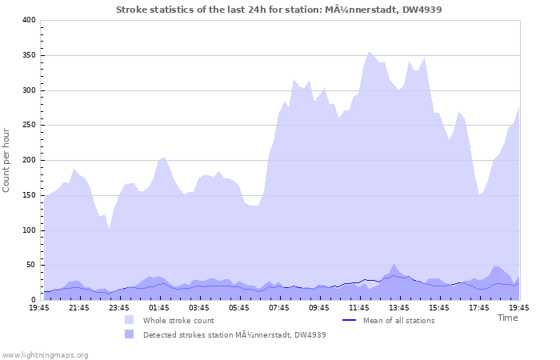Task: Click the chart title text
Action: (x=278, y=10)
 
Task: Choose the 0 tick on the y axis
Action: (x=34, y=301)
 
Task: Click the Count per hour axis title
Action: (x=7, y=160)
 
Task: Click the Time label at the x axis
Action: (x=507, y=318)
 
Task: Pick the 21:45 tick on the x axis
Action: (x=79, y=307)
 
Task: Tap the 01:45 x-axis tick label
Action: (x=159, y=307)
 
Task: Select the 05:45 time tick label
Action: (x=239, y=307)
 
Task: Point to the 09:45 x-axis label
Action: (x=319, y=307)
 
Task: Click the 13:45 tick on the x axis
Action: (x=399, y=307)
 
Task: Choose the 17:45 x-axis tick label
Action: (x=479, y=307)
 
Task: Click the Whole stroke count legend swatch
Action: (x=129, y=320)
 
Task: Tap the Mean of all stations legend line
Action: (x=349, y=320)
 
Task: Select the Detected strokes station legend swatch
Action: (x=129, y=334)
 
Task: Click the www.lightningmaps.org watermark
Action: (x=45, y=354)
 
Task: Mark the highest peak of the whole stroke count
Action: (x=369, y=52)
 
